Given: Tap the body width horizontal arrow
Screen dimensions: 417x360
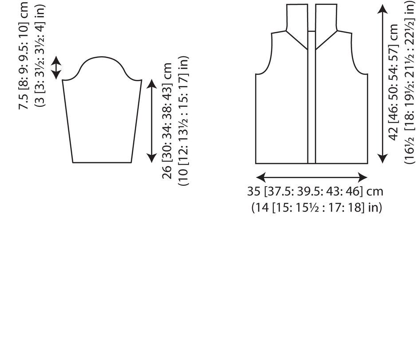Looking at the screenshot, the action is click(311, 177).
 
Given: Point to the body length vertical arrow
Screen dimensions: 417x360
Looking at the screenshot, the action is click(382, 84).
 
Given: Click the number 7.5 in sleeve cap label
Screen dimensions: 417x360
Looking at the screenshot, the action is click(24, 101).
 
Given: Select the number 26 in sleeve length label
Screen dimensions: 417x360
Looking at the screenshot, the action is click(167, 172).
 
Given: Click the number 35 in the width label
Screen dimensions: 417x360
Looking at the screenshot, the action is click(254, 192).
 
